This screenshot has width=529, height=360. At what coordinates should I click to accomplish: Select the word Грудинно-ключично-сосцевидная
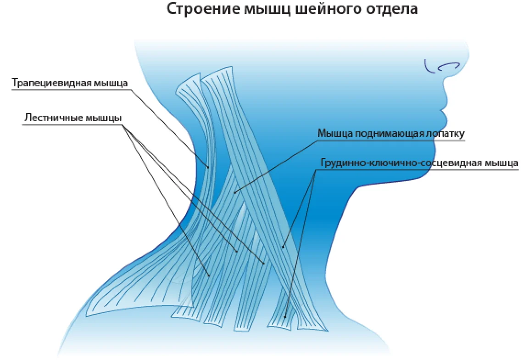pos(401,163)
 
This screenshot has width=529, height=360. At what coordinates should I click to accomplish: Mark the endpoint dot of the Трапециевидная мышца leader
pos(208,168)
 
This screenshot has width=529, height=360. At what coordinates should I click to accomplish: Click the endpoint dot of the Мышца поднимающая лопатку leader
pos(235,192)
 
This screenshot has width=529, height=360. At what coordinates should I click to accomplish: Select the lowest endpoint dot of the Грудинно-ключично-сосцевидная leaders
pos(285,317)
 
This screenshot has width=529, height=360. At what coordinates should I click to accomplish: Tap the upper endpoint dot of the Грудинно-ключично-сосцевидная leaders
pos(283,247)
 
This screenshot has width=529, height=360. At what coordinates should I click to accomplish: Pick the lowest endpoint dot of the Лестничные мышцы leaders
pos(209,276)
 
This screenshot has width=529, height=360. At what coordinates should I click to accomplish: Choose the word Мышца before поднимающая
pos(335,134)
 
